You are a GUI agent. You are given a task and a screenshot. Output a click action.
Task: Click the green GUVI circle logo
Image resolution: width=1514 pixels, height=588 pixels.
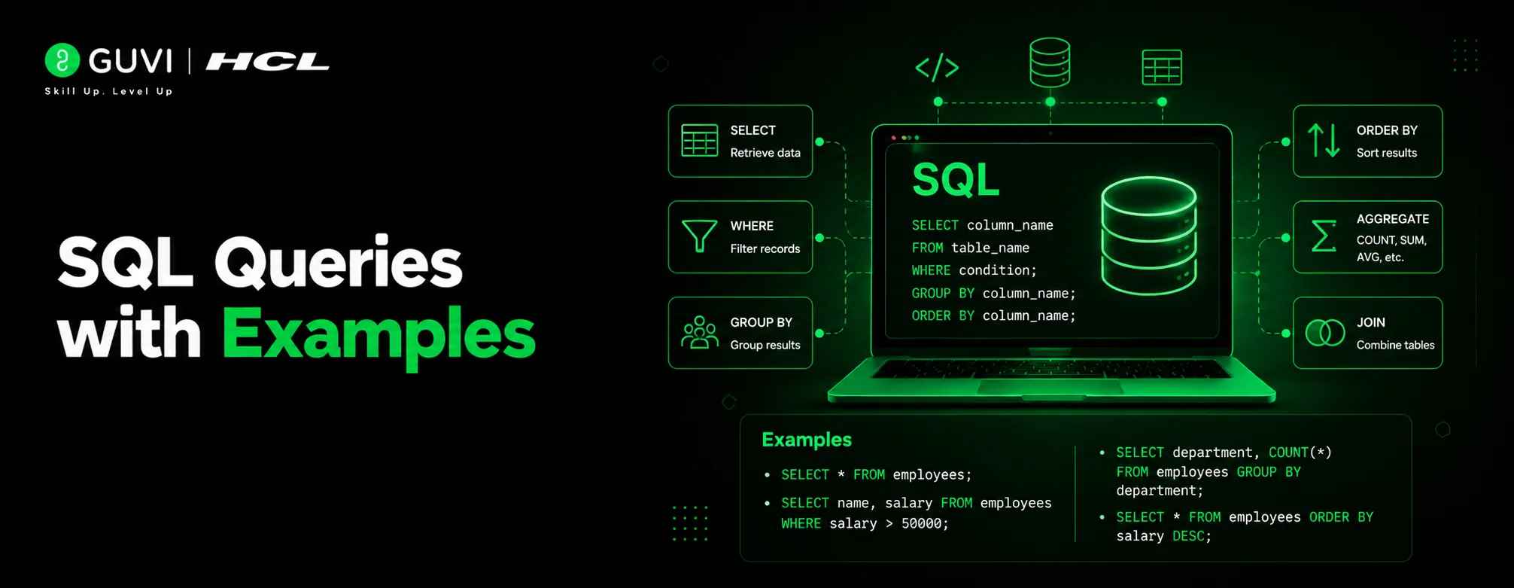pyautogui.click(x=62, y=60)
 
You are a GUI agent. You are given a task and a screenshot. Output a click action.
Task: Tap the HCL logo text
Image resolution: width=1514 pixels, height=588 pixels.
pyautogui.click(x=268, y=61)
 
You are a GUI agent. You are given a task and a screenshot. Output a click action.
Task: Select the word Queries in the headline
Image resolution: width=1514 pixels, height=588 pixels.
pyautogui.click(x=339, y=263)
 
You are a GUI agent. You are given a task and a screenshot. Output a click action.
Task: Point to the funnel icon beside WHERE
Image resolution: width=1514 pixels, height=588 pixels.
pyautogui.click(x=699, y=236)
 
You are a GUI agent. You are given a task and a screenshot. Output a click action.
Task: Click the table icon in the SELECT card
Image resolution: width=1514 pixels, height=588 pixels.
pyautogui.click(x=699, y=141)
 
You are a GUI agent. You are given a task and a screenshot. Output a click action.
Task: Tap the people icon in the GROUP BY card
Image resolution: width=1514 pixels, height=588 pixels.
pyautogui.click(x=699, y=333)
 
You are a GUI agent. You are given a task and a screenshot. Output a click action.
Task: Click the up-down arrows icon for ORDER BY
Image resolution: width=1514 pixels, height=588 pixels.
pyautogui.click(x=1324, y=141)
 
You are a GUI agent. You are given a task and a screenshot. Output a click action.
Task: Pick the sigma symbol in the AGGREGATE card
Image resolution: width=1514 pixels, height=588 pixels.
pyautogui.click(x=1324, y=236)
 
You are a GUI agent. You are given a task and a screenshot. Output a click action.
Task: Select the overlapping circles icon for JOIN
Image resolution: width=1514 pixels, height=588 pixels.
pyautogui.click(x=1324, y=333)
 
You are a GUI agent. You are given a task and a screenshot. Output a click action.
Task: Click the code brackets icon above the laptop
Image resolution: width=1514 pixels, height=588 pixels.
pyautogui.click(x=937, y=68)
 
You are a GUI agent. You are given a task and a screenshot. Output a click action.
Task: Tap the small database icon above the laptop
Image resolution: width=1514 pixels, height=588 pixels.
pyautogui.click(x=1050, y=62)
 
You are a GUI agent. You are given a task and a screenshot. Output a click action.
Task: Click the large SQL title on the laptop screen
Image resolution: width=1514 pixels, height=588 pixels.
pyautogui.click(x=956, y=180)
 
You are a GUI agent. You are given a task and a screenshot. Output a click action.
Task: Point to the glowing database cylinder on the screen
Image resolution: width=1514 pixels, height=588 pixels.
pyautogui.click(x=1149, y=236)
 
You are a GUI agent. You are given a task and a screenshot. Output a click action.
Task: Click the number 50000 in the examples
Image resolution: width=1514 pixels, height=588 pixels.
pyautogui.click(x=921, y=523)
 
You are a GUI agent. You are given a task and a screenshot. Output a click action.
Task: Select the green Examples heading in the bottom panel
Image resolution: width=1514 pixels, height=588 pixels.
pyautogui.click(x=807, y=440)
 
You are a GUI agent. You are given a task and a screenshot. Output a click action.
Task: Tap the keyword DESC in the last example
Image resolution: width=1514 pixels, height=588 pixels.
pyautogui.click(x=1188, y=536)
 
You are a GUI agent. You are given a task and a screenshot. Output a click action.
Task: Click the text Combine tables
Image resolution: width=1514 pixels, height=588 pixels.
pyautogui.click(x=1395, y=345)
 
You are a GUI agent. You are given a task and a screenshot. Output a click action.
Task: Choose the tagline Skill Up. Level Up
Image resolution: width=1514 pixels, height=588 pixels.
pyautogui.click(x=109, y=91)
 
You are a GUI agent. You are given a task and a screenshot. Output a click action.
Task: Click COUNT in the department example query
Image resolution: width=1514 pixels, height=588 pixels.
pyautogui.click(x=1288, y=452)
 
